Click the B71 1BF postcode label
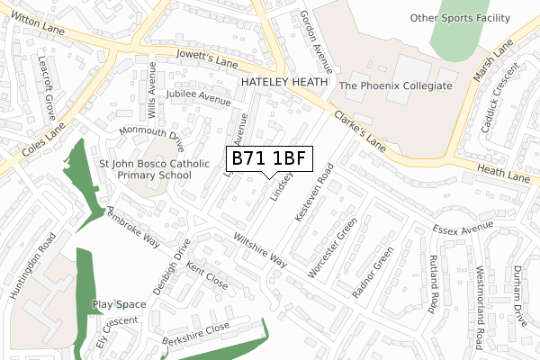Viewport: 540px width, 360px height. pyautogui.click(x=269, y=158)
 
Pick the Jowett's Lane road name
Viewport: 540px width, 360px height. pyautogui.click(x=208, y=61)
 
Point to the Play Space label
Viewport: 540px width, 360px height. pyautogui.click(x=119, y=305)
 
